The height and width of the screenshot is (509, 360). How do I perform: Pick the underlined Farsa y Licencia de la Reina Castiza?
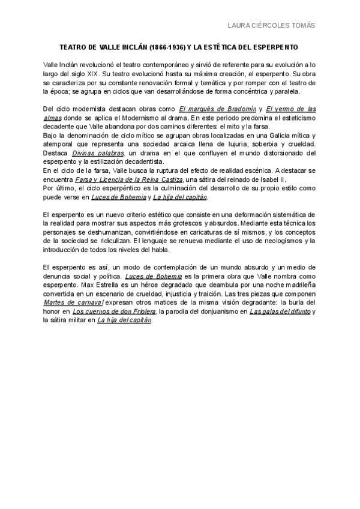(133, 180)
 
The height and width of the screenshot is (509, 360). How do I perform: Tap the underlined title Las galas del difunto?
(280, 312)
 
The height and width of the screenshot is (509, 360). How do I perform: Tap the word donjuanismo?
(218, 312)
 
